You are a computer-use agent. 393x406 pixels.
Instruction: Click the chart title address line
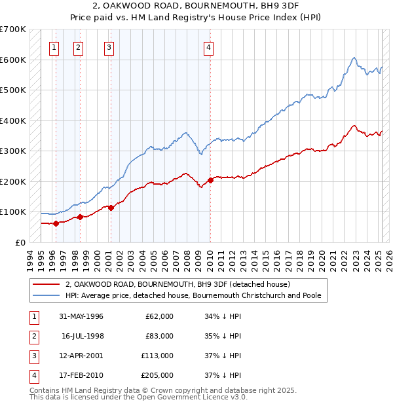197,7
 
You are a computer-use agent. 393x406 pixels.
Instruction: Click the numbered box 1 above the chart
53,46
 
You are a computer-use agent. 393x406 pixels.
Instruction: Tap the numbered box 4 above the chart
208,46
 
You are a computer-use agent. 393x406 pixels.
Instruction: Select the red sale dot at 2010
210,180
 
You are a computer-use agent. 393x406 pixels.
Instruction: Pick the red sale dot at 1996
56,223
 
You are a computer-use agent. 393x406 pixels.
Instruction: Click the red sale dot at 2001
111,208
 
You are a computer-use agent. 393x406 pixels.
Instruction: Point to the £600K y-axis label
13,60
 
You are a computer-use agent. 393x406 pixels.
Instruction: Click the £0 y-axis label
20,242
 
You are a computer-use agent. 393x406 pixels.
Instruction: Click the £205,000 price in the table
157,376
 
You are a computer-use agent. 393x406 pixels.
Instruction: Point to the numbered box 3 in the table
33,356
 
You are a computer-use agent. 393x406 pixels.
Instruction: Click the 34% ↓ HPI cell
223,316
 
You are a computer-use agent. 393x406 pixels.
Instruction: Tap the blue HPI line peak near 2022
353,58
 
